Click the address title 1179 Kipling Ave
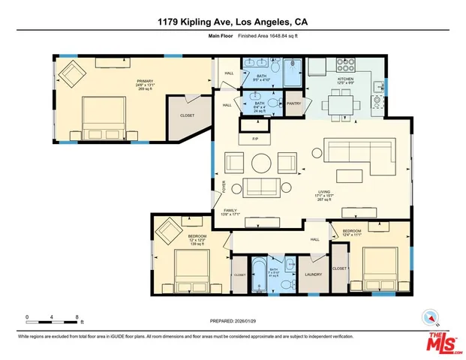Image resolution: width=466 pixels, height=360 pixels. (x=233, y=22)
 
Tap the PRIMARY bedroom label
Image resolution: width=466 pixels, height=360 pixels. (x=123, y=80)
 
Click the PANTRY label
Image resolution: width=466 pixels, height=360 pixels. (x=293, y=103)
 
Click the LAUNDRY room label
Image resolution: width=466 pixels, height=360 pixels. (x=314, y=274)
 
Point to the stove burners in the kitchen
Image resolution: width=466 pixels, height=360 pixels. (x=346, y=64)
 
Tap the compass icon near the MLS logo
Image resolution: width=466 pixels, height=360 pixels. (x=430, y=317)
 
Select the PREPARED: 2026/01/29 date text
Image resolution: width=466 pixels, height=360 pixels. (x=233, y=319)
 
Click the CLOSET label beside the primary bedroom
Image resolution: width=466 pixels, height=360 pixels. (x=188, y=115)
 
